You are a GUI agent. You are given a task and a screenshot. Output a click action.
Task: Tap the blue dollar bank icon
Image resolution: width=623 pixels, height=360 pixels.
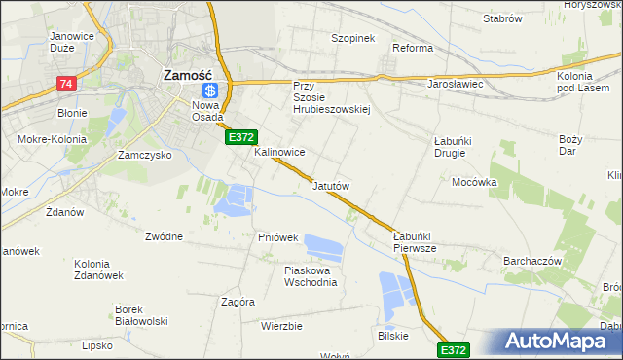click(208, 90)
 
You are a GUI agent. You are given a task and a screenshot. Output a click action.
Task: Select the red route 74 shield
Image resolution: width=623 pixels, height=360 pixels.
click(66, 84)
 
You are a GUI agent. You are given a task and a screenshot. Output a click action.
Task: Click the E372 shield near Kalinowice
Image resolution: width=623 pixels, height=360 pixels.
click(241, 139)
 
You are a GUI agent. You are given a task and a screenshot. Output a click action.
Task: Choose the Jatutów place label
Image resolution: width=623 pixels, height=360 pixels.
click(331, 184)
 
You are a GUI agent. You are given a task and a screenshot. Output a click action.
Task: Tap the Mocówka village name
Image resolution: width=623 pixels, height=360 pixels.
click(474, 182)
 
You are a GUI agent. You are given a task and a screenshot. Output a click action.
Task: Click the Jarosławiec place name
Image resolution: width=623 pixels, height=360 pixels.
click(456, 84)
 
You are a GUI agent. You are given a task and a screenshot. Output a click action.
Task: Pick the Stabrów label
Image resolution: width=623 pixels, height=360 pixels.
click(502, 19)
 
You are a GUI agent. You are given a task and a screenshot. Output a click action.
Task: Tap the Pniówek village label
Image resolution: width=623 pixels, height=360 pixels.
click(277, 237)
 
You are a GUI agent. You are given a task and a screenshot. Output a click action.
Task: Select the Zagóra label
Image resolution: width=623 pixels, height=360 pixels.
click(238, 302)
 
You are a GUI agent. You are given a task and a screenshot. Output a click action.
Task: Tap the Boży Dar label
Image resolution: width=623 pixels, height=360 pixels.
click(570, 145)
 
